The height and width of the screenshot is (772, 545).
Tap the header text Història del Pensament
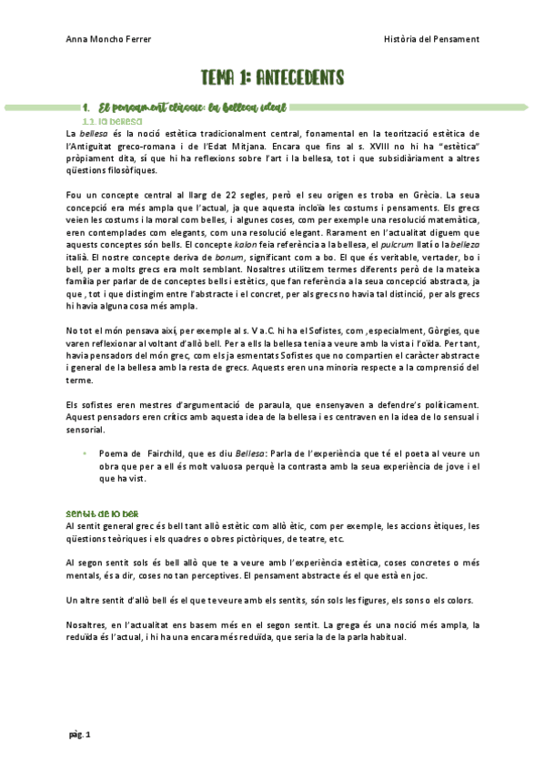pos(432,39)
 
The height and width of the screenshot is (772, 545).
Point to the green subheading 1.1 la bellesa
pos(112,121)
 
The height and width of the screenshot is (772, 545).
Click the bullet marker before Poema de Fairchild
pos(85,452)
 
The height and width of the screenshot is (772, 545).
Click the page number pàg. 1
pos(79,734)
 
